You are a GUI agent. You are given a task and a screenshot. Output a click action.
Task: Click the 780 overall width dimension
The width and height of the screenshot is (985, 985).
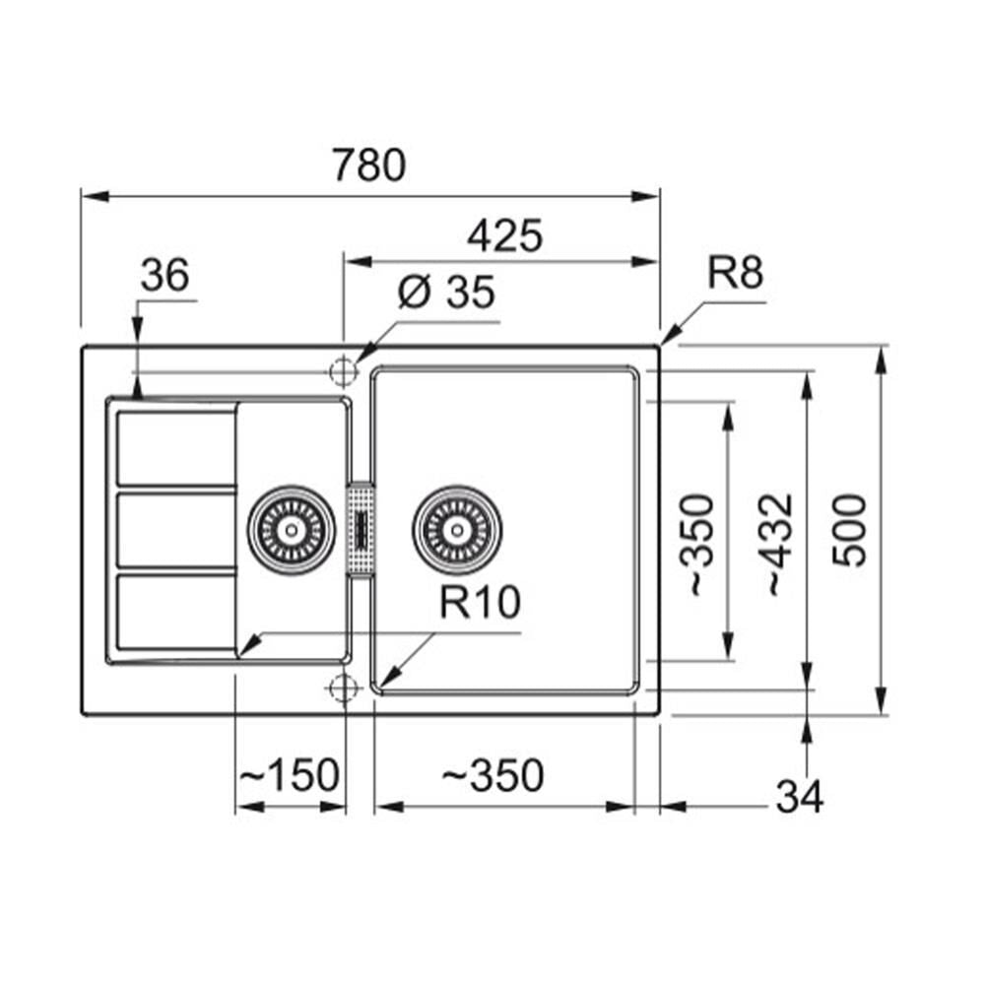(368, 164)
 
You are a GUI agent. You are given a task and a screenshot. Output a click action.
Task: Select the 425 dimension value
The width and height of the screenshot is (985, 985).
(504, 235)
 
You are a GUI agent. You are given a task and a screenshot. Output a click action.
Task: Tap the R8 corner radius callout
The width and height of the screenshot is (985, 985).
(735, 272)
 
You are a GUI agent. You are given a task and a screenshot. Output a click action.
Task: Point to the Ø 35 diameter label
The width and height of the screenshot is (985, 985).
(446, 292)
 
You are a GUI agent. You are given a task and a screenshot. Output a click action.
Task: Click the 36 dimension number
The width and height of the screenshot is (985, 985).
(164, 275)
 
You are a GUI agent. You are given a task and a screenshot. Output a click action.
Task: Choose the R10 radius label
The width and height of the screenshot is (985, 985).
(480, 602)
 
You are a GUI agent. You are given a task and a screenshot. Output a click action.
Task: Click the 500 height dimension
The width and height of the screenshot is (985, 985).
(849, 531)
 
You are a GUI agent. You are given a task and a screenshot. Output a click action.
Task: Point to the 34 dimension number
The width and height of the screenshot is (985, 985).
(799, 797)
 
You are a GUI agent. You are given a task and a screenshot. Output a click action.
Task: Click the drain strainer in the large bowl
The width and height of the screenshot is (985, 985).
(457, 530)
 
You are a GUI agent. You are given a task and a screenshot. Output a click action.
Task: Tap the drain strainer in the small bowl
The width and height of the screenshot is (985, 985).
(291, 530)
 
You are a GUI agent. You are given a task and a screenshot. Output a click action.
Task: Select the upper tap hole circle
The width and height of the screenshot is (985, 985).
(344, 370)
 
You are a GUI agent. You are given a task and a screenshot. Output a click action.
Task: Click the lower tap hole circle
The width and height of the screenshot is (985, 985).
(344, 688)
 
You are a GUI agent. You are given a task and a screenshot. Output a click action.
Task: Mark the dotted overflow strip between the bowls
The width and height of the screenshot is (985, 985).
(361, 529)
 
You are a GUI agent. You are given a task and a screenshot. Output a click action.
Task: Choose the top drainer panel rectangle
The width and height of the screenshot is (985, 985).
(175, 448)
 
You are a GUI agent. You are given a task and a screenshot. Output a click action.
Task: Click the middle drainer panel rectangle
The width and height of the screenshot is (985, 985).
(175, 530)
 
